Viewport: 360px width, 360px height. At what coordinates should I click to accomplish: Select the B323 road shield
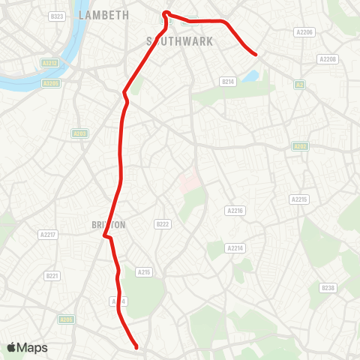(56, 16)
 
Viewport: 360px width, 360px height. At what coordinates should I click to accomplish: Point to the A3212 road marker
(50, 64)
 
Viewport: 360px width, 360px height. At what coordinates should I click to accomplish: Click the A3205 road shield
(50, 82)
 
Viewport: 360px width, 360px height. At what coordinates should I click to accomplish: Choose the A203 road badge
(80, 133)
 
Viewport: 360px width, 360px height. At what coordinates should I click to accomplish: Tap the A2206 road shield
(304, 32)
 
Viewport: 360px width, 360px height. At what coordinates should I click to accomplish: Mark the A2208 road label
(328, 58)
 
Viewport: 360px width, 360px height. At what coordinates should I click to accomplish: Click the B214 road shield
(228, 81)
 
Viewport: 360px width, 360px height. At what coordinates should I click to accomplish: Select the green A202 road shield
(300, 146)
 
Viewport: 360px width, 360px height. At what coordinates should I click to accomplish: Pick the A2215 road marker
(298, 199)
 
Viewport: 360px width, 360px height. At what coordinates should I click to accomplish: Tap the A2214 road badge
(235, 247)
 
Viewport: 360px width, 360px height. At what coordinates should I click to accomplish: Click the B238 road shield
(328, 287)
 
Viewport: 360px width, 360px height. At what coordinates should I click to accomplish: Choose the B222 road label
(163, 224)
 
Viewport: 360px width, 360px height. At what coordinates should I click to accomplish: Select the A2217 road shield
(46, 235)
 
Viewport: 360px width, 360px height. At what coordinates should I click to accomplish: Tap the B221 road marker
(52, 276)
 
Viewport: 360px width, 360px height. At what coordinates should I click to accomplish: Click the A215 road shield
(144, 272)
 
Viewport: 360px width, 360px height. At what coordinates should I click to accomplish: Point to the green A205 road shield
(66, 319)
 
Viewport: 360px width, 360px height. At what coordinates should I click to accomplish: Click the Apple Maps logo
(27, 347)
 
